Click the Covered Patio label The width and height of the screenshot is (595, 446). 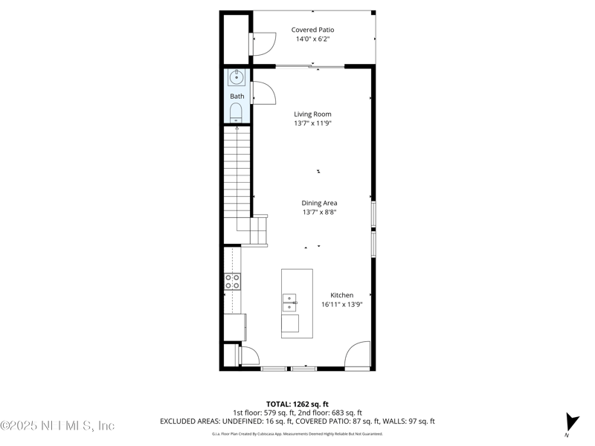pyautogui.click(x=312, y=30)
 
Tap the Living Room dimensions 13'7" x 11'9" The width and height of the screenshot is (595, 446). pyautogui.click(x=312, y=123)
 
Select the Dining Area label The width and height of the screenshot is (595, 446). pyautogui.click(x=319, y=203)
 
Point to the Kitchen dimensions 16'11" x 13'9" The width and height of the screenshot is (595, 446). pyautogui.click(x=342, y=304)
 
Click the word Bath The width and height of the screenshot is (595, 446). pyautogui.click(x=237, y=97)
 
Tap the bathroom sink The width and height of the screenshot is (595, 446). pyautogui.click(x=237, y=77)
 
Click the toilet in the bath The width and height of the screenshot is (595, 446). pyautogui.click(x=237, y=112)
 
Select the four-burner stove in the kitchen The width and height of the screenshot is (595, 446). pyautogui.click(x=233, y=281)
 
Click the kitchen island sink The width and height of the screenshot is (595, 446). pyautogui.click(x=289, y=303)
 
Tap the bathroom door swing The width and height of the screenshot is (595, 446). pyautogui.click(x=263, y=93)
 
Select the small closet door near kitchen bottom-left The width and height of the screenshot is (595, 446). pyautogui.click(x=248, y=355)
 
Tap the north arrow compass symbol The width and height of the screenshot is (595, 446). pyautogui.click(x=571, y=421)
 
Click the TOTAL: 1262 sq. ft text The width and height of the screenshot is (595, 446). pyautogui.click(x=297, y=404)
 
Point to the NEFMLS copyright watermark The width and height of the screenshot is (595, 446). pyautogui.click(x=57, y=426)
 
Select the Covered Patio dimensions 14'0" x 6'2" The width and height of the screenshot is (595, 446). pyautogui.click(x=312, y=39)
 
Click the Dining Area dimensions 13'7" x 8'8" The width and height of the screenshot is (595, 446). pyautogui.click(x=319, y=213)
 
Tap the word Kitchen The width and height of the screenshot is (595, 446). pyautogui.click(x=342, y=295)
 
